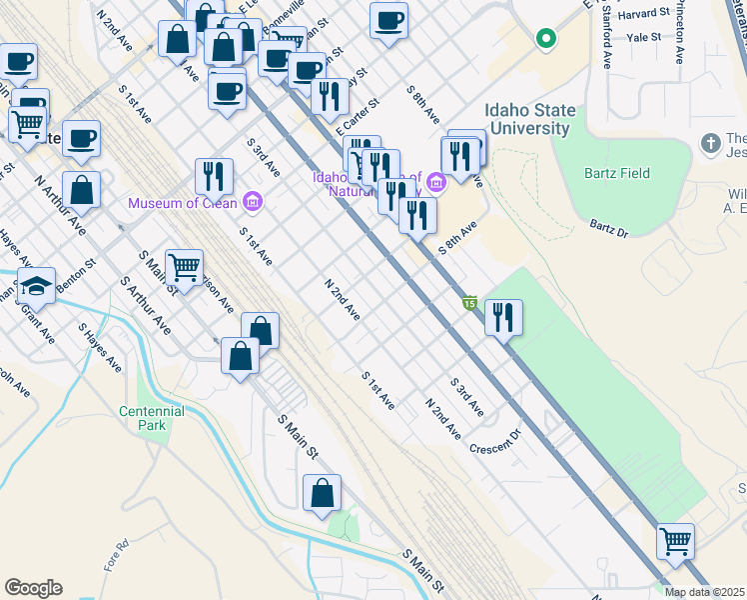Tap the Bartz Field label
pos(617,173)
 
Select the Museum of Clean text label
pos(182,204)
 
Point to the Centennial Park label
pos(152,418)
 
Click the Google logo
pos(33,588)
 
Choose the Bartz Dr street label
pos(608,229)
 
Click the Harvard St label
pos(643,14)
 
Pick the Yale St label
pos(643,37)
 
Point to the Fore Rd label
pos(117,556)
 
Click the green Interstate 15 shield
pos(469,302)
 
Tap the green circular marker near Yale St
pos(545,40)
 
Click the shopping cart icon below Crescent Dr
pos(675,541)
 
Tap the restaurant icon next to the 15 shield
pos(503,317)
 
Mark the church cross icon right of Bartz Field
pos(711,142)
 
